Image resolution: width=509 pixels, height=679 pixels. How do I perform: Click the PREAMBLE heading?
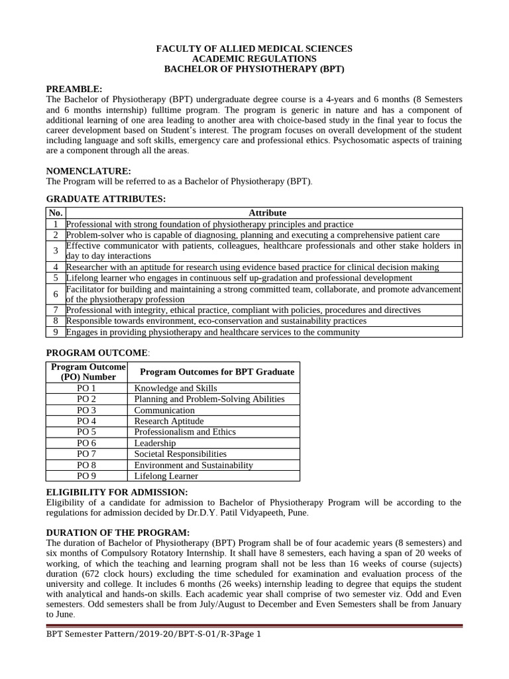pyautogui.click(x=74, y=89)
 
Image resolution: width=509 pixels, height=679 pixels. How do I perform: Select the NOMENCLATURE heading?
pyautogui.click(x=88, y=171)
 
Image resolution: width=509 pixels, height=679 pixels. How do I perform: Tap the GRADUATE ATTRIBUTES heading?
pyautogui.click(x=105, y=199)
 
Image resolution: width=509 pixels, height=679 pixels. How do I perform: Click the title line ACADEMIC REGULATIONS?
pyautogui.click(x=254, y=59)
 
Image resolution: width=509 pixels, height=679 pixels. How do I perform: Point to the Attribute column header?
pyautogui.click(x=267, y=213)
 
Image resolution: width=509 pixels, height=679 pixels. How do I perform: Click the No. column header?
pyautogui.click(x=56, y=213)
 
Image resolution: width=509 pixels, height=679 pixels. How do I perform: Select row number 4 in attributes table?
pyautogui.click(x=56, y=267)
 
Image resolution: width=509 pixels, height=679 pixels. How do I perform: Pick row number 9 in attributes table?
pyautogui.click(x=56, y=332)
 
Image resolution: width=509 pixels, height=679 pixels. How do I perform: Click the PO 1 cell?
pyautogui.click(x=87, y=389)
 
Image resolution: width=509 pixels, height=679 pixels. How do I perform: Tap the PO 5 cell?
pyautogui.click(x=87, y=432)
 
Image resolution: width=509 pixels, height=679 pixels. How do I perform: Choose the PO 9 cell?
pyautogui.click(x=87, y=476)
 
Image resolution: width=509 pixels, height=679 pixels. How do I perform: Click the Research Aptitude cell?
pyautogui.click(x=169, y=421)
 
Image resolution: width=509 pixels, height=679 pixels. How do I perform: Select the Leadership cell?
pyautogui.click(x=155, y=443)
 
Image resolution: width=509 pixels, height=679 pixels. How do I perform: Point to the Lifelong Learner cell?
pyautogui.click(x=166, y=476)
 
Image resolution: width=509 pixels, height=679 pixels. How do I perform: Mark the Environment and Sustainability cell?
pyautogui.click(x=194, y=465)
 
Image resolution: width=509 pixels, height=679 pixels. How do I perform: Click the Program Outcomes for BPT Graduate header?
pyautogui.click(x=213, y=372)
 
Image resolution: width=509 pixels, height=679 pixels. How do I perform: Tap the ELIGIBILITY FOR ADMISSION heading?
pyautogui.click(x=117, y=492)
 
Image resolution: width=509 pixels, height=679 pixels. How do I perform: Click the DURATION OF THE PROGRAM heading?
pyautogui.click(x=118, y=533)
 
